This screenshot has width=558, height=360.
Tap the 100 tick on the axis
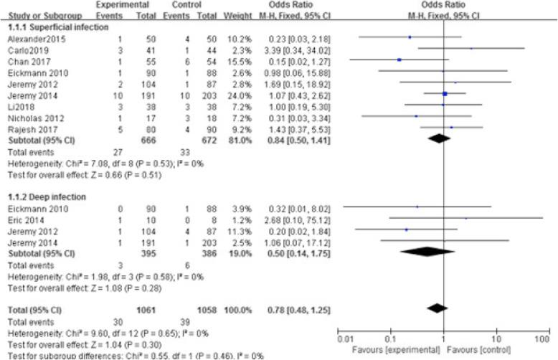tap(542, 336)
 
